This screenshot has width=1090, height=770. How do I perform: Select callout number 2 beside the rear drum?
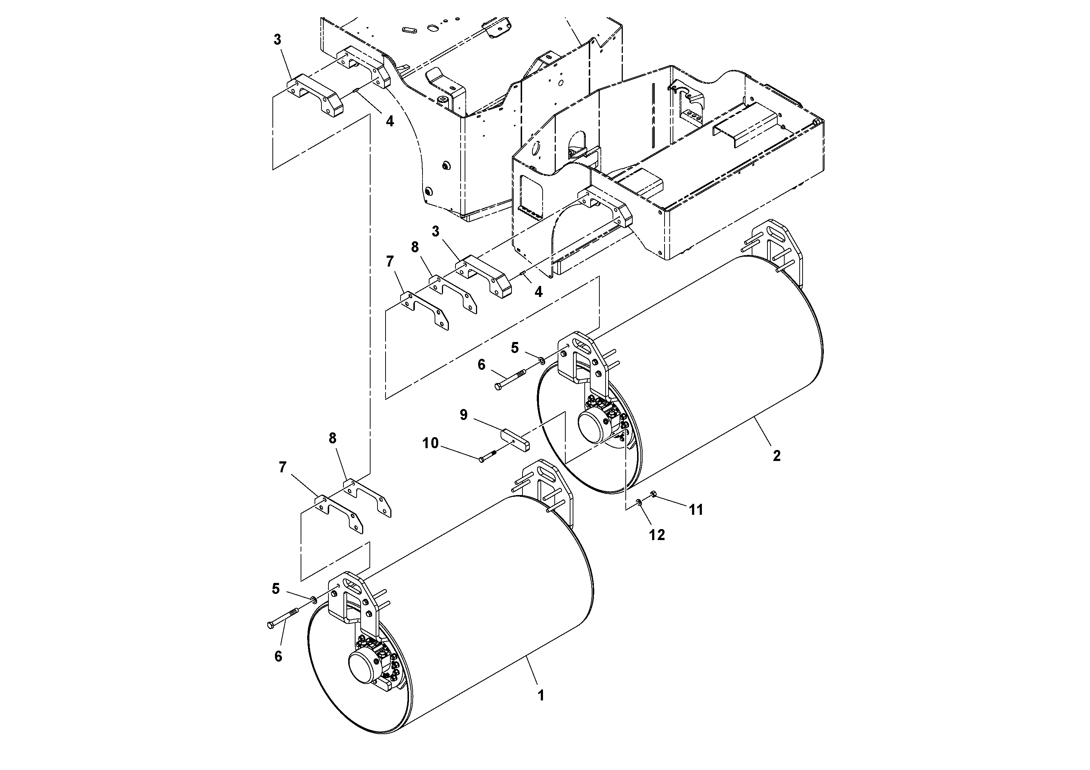click(x=777, y=456)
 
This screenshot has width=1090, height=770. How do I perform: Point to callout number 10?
click(x=431, y=443)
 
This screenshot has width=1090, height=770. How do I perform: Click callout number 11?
click(x=696, y=510)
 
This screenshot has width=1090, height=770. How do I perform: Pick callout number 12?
click(x=657, y=535)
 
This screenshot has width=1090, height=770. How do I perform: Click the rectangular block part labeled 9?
click(x=516, y=440)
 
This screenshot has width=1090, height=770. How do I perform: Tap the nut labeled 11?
click(x=653, y=495)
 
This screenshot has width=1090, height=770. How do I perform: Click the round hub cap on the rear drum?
click(x=593, y=427)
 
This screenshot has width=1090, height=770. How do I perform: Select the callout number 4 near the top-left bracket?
click(x=390, y=121)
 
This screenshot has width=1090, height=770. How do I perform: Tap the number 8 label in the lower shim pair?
click(x=332, y=438)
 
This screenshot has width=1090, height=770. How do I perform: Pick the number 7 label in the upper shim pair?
click(x=390, y=261)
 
